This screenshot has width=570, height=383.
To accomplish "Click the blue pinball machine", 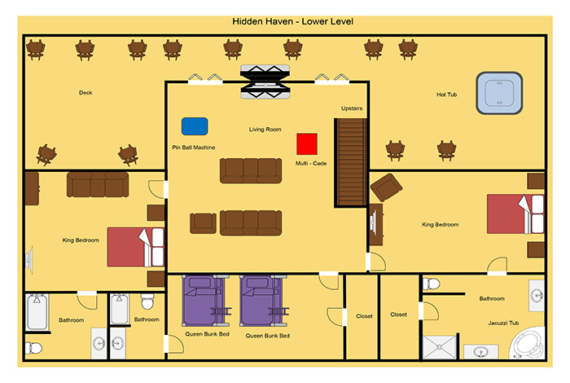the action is (x=195, y=126).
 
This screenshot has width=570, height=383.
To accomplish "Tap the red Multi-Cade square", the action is (x=307, y=144).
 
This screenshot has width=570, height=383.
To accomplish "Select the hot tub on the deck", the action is (x=499, y=93).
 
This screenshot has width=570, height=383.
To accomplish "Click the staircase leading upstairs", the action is (x=351, y=163).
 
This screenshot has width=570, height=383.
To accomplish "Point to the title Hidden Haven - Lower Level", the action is (x=292, y=21).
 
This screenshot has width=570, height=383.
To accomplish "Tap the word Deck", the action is (x=85, y=93).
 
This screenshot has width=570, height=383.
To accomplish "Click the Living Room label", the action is (x=265, y=129).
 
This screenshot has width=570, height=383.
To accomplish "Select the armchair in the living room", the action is (x=203, y=223).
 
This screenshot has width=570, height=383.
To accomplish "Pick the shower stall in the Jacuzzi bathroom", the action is (x=440, y=347).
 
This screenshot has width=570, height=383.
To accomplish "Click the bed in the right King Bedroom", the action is (x=515, y=214).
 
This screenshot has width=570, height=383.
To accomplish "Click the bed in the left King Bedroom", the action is (x=136, y=248).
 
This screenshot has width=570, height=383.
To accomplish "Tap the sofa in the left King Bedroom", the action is (x=98, y=184).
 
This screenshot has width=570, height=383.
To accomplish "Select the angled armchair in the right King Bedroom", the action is (x=386, y=187).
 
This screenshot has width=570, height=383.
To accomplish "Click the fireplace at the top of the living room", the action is (x=265, y=81).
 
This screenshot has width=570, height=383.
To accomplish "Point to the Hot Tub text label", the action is (x=446, y=95).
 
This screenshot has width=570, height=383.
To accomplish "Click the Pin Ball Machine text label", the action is (x=194, y=147).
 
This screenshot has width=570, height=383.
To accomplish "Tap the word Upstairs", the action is (x=352, y=108).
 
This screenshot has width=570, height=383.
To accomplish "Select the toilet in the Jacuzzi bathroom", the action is (x=431, y=284).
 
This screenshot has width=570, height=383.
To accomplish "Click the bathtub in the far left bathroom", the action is (x=37, y=312).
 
